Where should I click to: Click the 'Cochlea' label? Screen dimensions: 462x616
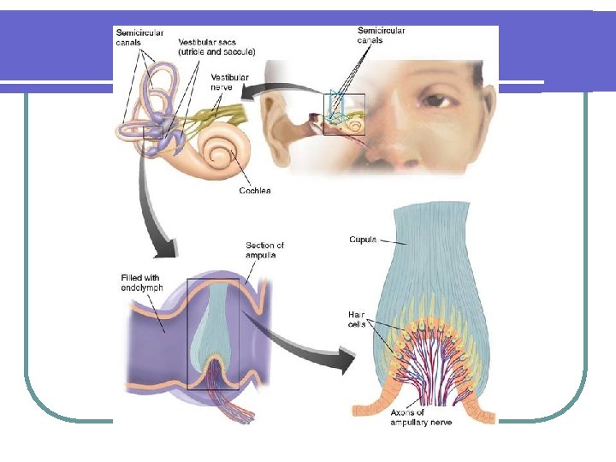pos(255,191)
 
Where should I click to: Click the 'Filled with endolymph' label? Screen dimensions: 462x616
pos(141,282)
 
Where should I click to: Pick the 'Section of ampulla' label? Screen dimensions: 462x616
pos(264,250)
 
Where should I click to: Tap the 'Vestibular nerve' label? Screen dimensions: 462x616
pos(229,82)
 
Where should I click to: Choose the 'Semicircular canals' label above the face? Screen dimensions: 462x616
pos(381,37)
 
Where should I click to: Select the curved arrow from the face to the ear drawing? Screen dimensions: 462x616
pos(291,87)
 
